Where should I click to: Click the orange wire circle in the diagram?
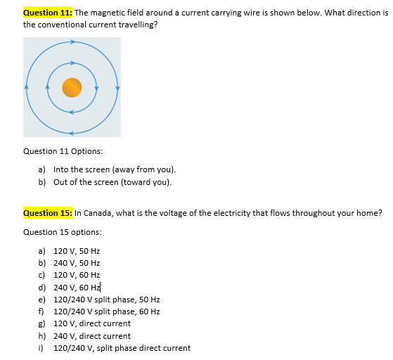[72, 87]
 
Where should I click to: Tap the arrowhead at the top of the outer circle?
[72, 41]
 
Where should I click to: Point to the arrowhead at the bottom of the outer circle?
[72, 133]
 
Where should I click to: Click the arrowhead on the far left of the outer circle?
[27, 87]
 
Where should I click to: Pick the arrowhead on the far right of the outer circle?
[117, 87]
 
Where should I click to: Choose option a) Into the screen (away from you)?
[114, 170]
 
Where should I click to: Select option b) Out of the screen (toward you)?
[112, 182]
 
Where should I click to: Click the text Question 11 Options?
[63, 151]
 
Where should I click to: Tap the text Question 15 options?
[62, 232]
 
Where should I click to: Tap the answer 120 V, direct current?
[91, 323]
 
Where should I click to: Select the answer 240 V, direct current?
[91, 336]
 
